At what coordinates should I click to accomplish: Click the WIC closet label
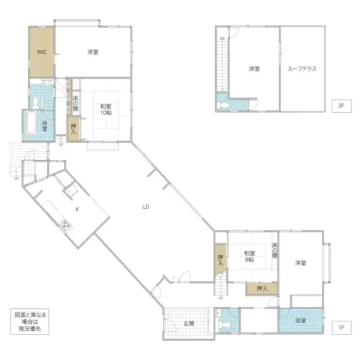click(x=41, y=52)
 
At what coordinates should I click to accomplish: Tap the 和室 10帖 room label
click(x=105, y=110)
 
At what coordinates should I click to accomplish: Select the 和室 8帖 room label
click(x=250, y=257)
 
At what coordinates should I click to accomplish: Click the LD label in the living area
click(x=146, y=207)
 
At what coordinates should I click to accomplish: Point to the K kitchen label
click(x=77, y=209)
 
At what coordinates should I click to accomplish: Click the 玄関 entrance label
click(x=188, y=323)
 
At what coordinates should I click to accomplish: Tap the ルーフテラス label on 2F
click(x=302, y=69)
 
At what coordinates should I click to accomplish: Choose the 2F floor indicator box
click(x=340, y=106)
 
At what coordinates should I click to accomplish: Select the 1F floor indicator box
click(x=340, y=328)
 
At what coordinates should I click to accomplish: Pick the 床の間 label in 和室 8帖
click(x=274, y=250)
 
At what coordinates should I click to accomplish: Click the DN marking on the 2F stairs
click(x=221, y=40)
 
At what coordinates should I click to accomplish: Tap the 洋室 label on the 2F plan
click(x=254, y=69)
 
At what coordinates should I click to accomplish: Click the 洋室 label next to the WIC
click(x=92, y=52)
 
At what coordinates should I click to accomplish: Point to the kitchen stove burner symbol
click(x=65, y=226)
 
